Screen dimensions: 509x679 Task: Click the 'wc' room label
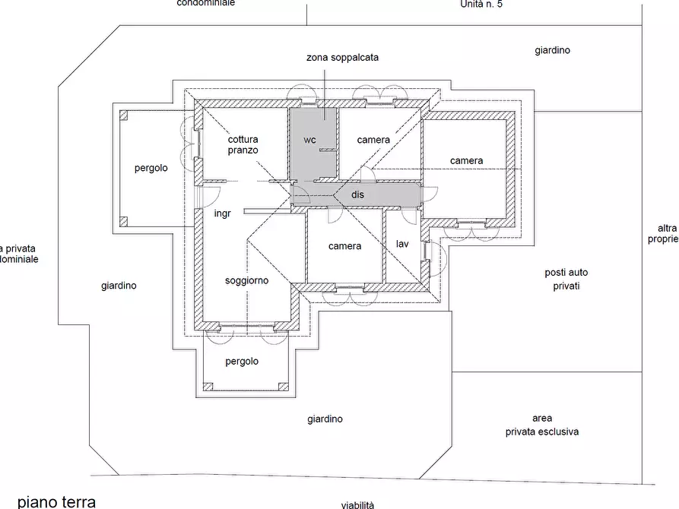(x=309, y=140)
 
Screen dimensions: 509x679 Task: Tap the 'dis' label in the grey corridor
(x=357, y=195)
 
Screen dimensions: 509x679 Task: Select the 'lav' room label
(x=402, y=244)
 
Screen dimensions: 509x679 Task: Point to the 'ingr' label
(x=222, y=213)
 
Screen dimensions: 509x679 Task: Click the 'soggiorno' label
(x=246, y=280)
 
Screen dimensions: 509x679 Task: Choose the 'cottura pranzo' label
(x=243, y=145)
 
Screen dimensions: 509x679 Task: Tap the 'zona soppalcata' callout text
(x=342, y=57)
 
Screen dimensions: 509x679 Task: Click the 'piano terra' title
(x=57, y=501)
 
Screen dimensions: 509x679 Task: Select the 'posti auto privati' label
(x=566, y=280)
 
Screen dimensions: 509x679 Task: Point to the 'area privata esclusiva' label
(x=542, y=425)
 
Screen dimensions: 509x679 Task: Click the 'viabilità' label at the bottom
(x=357, y=504)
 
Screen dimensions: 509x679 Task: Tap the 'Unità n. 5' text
(x=481, y=4)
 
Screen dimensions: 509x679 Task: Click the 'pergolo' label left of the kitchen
(x=151, y=168)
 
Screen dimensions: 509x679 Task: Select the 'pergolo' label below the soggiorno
(x=242, y=362)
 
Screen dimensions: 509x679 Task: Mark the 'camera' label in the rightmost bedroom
(x=466, y=160)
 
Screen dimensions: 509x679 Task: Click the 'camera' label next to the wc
(x=373, y=140)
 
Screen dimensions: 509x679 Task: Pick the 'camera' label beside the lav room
(x=344, y=246)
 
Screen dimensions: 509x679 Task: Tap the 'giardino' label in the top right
(x=552, y=51)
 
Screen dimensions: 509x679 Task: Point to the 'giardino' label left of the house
(x=119, y=286)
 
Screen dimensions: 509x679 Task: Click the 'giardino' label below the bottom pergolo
(x=325, y=419)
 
